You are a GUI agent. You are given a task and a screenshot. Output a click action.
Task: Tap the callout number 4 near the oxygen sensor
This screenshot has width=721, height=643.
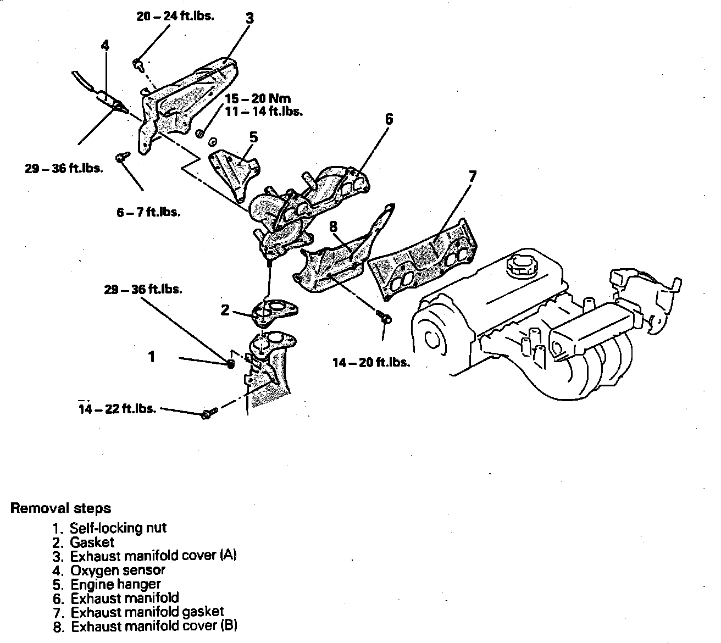[x=105, y=45]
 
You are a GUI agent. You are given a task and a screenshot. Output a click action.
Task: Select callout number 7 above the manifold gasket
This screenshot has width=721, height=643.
[x=472, y=177]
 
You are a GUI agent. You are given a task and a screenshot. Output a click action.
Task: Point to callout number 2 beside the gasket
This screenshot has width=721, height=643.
[x=225, y=311]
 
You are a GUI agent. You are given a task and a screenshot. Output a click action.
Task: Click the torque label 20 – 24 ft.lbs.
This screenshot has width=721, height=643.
[x=175, y=15]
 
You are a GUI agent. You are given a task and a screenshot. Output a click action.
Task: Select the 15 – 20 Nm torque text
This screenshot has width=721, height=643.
[x=264, y=99]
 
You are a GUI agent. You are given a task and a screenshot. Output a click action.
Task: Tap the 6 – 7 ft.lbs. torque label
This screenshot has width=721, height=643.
[x=148, y=212]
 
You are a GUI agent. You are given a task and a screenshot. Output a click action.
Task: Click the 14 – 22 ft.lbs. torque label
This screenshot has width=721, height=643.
[x=117, y=409]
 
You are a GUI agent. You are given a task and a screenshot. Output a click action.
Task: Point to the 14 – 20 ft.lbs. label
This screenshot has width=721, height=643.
[x=371, y=363]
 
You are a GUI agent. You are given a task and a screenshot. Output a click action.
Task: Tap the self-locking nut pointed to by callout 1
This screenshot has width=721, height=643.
[x=231, y=363]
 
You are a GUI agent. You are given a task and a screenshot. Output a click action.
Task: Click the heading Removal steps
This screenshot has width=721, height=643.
[x=61, y=508]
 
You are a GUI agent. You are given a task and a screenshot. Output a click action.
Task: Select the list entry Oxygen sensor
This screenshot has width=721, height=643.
[x=118, y=570]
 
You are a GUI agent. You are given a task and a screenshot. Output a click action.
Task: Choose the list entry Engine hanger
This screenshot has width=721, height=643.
[x=115, y=584]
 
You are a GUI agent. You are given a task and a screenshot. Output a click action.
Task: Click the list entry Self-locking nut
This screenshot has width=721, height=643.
[x=118, y=528]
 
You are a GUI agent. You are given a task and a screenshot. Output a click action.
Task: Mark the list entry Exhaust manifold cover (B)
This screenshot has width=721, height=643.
[x=154, y=625]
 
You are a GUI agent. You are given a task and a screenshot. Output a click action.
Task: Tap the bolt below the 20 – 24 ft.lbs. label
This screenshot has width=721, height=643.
[x=138, y=65]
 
